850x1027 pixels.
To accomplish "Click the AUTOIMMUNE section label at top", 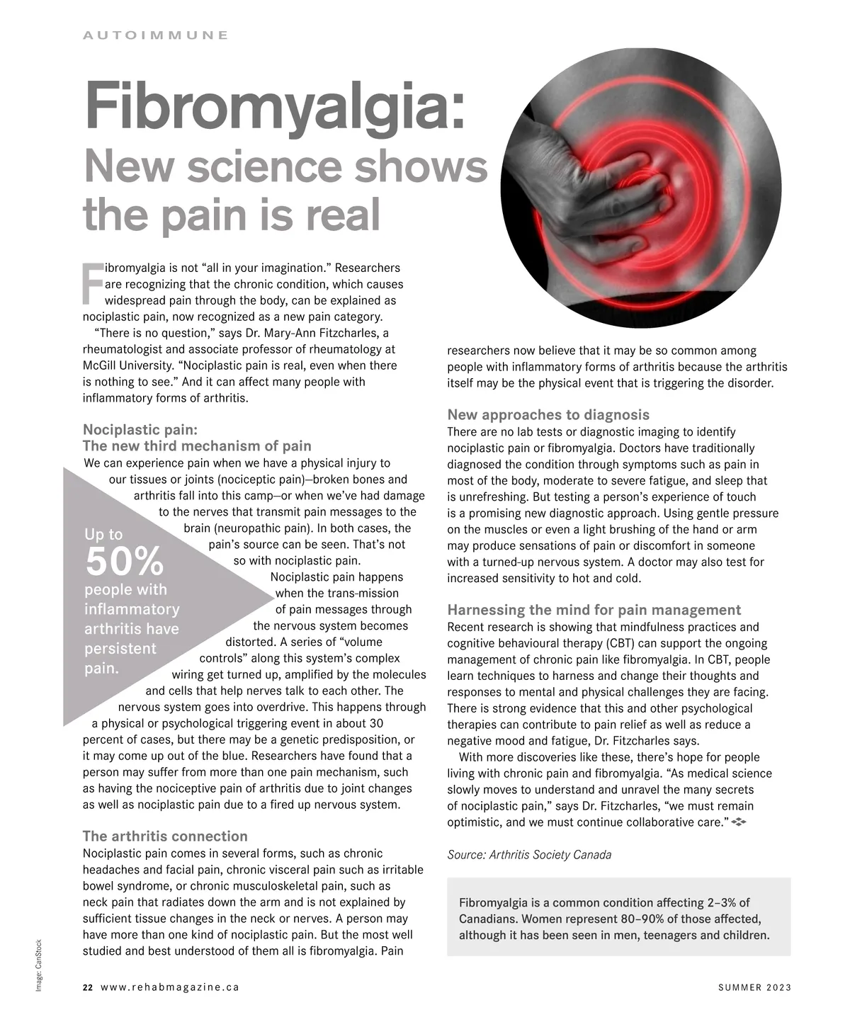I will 155,35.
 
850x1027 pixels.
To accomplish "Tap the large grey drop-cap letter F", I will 93,283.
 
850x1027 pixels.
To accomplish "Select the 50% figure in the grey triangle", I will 125,562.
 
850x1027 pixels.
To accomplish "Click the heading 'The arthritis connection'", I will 165,836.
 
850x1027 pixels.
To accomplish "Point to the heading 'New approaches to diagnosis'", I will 548,415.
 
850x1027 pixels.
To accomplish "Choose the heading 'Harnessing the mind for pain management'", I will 594,610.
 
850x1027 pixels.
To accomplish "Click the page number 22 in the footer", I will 88,988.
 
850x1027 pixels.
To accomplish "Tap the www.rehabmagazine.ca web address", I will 170,988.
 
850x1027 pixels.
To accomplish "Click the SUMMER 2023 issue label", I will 754,988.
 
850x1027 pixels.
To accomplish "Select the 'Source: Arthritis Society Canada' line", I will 529,855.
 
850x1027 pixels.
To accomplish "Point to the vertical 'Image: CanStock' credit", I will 40,965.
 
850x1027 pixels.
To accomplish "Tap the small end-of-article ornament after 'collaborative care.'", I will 739,822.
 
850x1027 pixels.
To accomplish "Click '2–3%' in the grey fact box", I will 722,903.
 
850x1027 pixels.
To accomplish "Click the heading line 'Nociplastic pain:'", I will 140,429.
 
